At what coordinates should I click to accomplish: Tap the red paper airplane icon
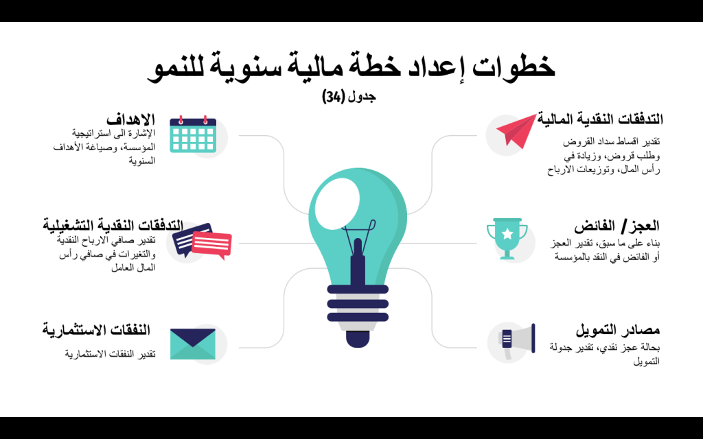click(516, 130)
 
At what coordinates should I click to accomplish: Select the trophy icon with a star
click(507, 238)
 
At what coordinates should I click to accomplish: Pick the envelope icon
click(193, 344)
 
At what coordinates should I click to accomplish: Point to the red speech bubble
click(211, 245)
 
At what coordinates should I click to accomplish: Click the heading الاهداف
click(130, 119)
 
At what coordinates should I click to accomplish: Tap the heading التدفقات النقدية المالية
click(600, 119)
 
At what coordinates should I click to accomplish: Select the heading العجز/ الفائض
click(616, 226)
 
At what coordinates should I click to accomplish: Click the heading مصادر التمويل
click(617, 330)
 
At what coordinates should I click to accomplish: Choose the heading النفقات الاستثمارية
click(96, 330)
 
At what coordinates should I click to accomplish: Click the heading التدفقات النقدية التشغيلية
click(113, 224)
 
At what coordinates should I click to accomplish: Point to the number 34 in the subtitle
click(334, 96)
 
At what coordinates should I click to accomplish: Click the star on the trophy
click(507, 233)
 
